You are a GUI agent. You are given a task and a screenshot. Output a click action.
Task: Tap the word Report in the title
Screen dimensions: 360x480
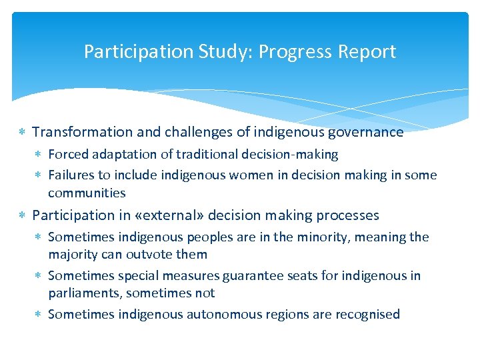(x=370, y=52)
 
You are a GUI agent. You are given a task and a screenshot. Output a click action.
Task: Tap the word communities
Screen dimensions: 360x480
(x=87, y=193)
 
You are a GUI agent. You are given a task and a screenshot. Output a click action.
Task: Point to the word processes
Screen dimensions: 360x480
(x=347, y=215)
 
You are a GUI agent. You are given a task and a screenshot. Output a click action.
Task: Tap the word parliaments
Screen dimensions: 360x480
(x=84, y=293)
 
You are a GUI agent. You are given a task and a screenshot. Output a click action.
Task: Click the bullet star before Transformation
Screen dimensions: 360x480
(x=23, y=133)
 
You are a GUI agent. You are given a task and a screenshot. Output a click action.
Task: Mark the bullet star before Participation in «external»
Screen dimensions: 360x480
(x=23, y=216)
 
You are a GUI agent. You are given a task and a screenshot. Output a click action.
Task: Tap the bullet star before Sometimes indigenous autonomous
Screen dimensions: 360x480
(x=39, y=315)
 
